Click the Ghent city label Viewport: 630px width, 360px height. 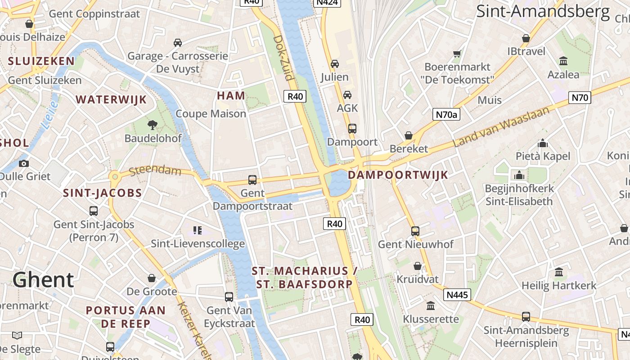coord(43,280)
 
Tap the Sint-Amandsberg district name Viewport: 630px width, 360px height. coord(543,11)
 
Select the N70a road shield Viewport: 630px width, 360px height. coord(446,114)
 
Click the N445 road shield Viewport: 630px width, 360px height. coord(457,295)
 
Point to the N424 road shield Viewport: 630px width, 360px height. coord(327,2)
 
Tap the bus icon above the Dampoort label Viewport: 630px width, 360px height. coord(352,129)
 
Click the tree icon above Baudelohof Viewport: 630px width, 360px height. coord(153,125)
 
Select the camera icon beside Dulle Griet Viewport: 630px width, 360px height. coord(24,163)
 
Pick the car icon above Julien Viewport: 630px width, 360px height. coord(334,64)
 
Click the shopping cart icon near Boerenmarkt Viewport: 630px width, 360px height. coord(457,54)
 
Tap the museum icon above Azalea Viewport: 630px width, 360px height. coord(563,61)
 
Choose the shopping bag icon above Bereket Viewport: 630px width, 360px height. coord(409,135)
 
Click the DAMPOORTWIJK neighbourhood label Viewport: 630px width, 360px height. coord(398,175)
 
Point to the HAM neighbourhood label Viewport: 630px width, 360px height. coord(231,95)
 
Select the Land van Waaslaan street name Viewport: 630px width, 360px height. coord(502,127)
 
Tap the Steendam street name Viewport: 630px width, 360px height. coord(155,171)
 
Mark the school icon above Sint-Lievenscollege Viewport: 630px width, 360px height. coord(197,230)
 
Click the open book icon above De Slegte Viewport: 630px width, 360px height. coord(17,335)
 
